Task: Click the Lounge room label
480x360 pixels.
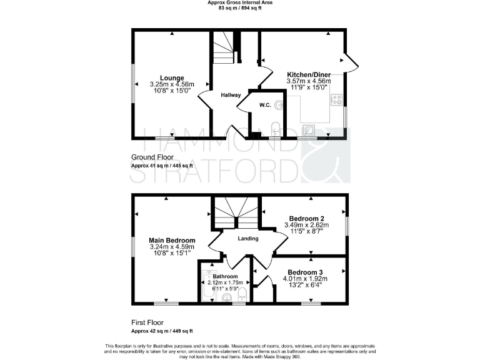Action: [x=172, y=77]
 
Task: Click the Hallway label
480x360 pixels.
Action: [x=231, y=94]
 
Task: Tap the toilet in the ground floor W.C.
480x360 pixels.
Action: [x=276, y=129]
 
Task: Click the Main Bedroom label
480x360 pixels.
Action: [x=172, y=240]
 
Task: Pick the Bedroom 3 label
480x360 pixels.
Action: [x=305, y=272]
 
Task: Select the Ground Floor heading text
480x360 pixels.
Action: [x=153, y=156]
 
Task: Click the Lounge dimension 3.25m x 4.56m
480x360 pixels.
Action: [x=172, y=84]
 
